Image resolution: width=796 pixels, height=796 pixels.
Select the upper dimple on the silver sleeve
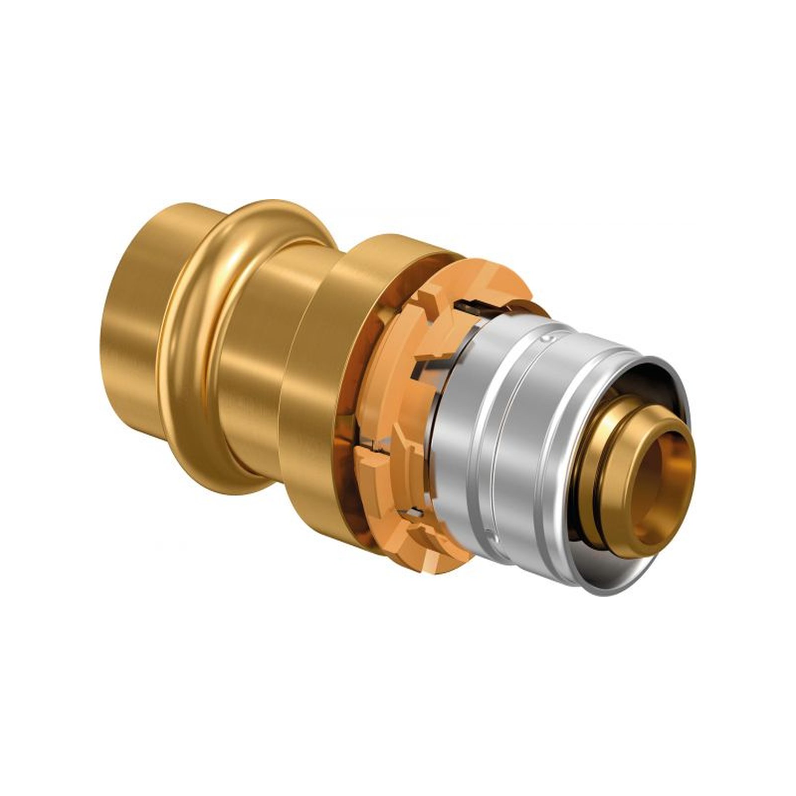click(x=548, y=339)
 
